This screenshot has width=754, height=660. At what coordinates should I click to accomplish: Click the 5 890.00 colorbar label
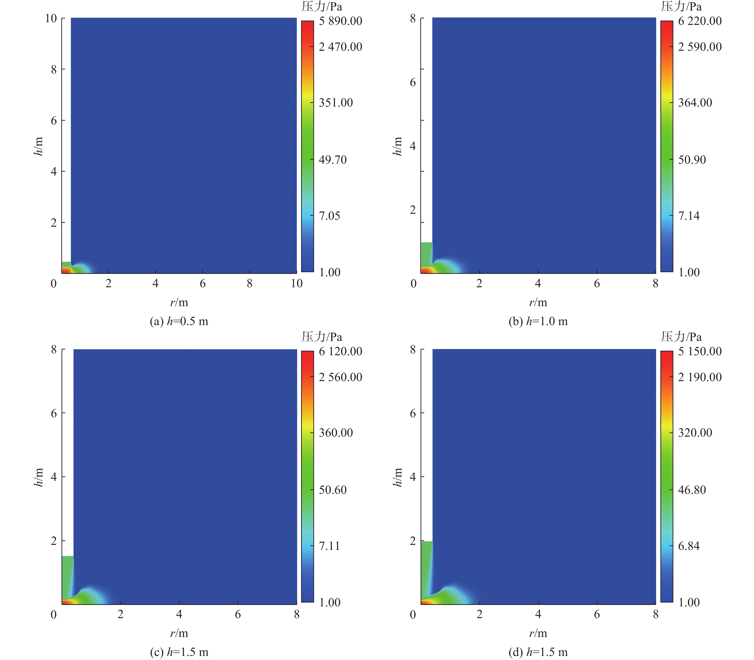coord(340,21)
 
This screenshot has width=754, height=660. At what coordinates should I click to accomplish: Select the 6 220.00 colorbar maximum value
coord(699,21)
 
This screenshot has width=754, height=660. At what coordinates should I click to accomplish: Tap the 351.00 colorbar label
coord(335,102)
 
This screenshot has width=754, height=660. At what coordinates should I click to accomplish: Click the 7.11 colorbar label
coord(329,546)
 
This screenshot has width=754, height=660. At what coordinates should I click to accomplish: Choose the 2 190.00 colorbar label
coord(699,377)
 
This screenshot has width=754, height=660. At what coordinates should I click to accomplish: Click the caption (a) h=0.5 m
coord(179,321)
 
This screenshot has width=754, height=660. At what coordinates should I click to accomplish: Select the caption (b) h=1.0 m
coord(538,321)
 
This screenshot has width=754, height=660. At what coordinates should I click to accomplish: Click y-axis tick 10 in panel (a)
coord(51,18)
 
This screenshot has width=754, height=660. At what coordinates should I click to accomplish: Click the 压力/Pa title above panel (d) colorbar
coord(681,337)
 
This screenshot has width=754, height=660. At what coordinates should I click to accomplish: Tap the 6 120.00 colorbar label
coord(340,351)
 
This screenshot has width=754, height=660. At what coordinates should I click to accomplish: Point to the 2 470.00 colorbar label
coord(340,47)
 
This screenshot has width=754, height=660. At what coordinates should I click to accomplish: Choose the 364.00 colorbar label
coord(695,102)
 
